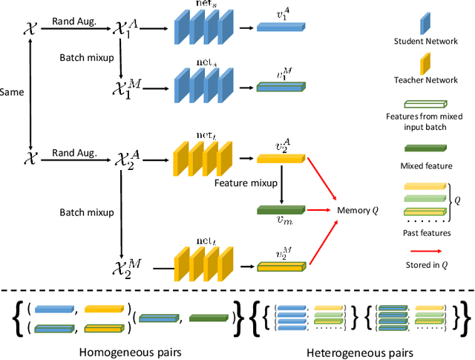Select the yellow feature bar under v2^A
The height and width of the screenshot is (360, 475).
click(280, 157)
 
